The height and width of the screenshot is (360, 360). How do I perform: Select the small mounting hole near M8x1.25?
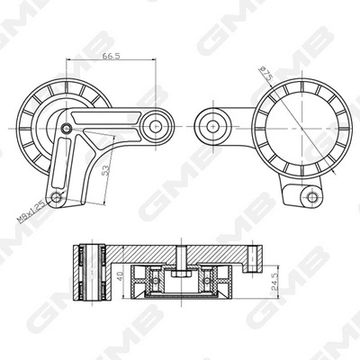(57, 197)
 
